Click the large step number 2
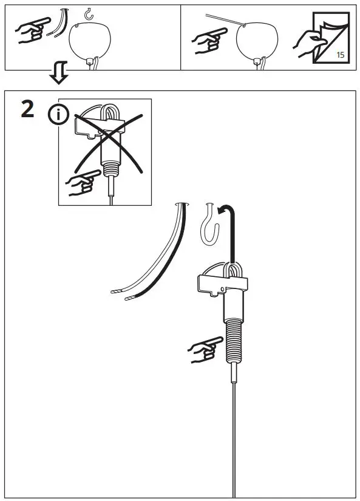click(x=27, y=109)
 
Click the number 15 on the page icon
click(x=340, y=55)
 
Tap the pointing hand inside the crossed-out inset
click(x=81, y=182)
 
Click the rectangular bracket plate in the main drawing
click(x=223, y=282)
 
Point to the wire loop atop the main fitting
click(x=233, y=270)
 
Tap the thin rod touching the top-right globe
click(x=225, y=20)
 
